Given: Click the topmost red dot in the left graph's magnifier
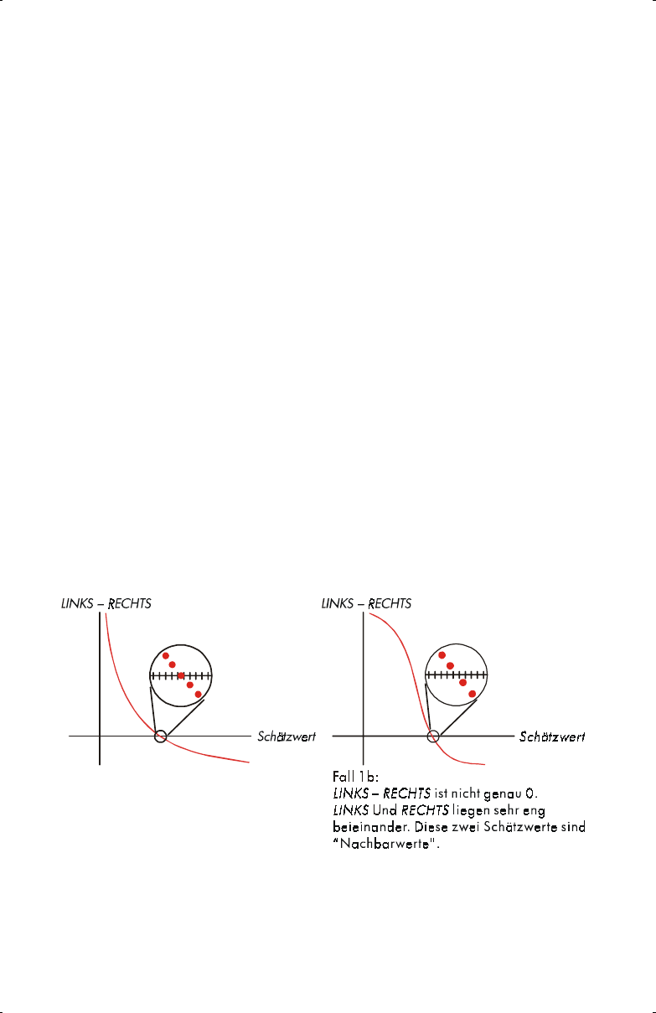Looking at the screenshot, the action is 166,655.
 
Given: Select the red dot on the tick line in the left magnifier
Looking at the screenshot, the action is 181,675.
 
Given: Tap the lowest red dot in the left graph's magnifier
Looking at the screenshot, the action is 198,694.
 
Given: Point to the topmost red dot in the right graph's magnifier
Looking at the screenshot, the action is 442,655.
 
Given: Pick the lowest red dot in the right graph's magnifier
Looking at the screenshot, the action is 473,694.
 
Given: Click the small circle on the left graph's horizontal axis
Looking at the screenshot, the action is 161,736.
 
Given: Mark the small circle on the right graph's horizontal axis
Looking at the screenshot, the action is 433,736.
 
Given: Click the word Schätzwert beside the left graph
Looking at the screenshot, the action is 287,737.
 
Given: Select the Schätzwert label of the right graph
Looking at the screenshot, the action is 552,737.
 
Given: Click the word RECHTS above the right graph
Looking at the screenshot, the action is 388,603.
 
